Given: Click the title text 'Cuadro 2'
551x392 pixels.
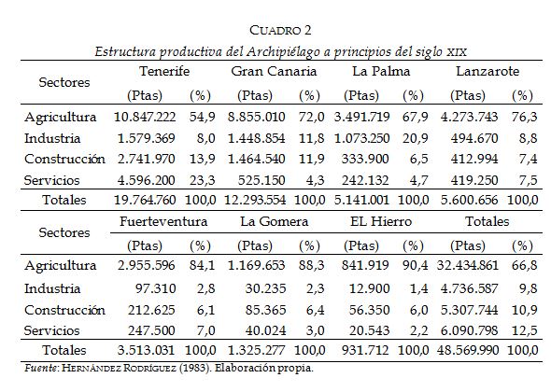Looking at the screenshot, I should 275,35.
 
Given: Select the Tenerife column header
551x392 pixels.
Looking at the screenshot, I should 164,71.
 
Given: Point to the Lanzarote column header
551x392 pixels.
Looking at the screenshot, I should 487,71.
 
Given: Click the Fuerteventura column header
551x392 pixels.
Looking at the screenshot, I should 163,222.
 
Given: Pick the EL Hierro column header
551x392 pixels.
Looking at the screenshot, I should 375,222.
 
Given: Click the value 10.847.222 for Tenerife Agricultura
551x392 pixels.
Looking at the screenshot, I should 145,117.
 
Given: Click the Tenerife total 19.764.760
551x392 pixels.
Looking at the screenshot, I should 145,200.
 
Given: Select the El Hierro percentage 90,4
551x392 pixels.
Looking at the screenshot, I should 413,267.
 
